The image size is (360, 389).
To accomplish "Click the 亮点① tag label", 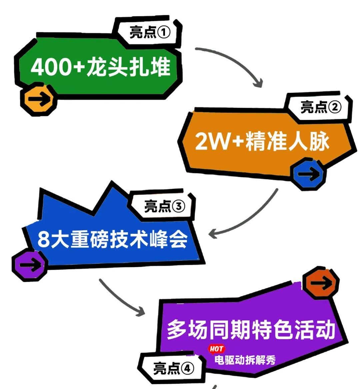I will [x=150, y=32].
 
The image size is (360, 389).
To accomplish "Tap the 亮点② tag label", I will [x=321, y=107].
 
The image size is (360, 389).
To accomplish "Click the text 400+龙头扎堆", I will [x=101, y=67].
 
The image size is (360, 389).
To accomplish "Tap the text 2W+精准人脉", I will [x=262, y=141].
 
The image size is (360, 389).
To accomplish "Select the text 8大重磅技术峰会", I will [x=112, y=239].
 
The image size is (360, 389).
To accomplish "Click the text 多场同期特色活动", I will [x=251, y=330].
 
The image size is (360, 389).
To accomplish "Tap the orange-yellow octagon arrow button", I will [x=39, y=99].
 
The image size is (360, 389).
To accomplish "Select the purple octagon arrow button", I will [x=30, y=265].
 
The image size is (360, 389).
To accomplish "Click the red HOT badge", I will [x=216, y=349].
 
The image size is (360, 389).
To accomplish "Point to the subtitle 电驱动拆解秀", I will [x=245, y=360].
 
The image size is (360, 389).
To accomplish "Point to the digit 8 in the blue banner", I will [x=43, y=239].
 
